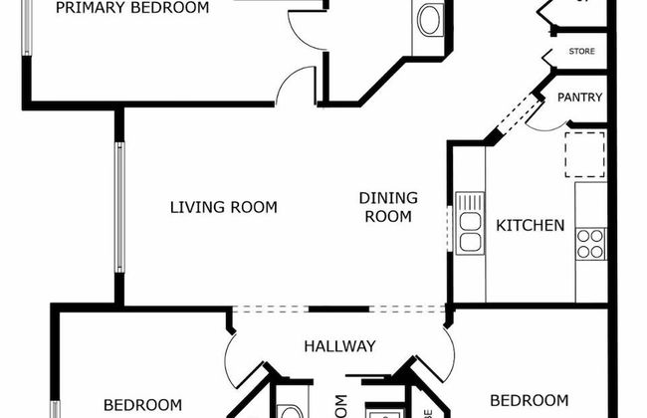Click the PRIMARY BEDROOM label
[132, 8]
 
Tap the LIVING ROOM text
[223, 208]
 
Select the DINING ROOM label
[388, 207]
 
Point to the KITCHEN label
[531, 226]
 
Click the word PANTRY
[578, 98]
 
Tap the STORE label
[581, 51]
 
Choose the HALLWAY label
[339, 346]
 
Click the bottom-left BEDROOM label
[142, 404]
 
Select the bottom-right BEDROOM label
[530, 401]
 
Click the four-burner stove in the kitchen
[590, 244]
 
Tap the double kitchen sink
[470, 223]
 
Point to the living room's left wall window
[119, 207]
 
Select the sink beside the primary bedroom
[431, 20]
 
